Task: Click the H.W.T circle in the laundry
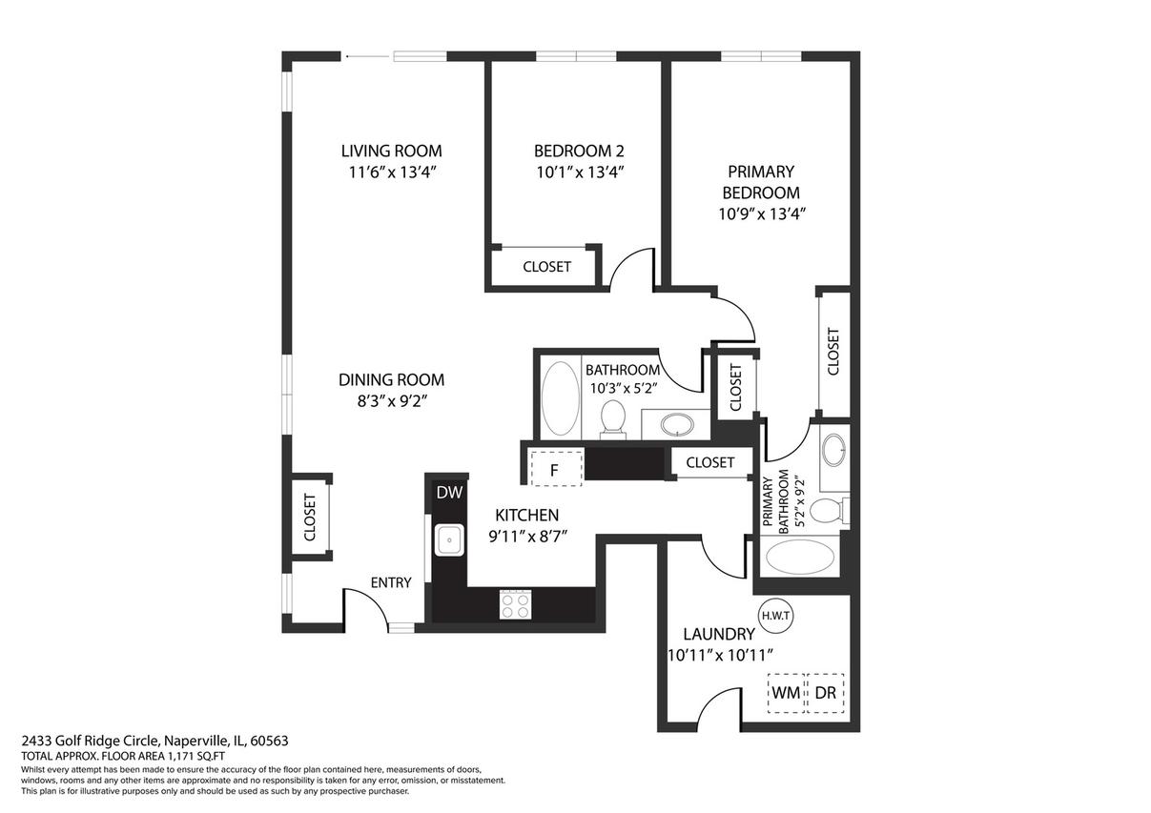coord(776,616)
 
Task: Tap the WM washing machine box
coord(786,693)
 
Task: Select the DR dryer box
coord(825,693)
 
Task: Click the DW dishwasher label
coord(449,493)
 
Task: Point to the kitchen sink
coord(449,539)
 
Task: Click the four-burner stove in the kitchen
coord(515,605)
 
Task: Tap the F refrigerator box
coord(556,468)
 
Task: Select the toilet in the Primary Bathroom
coord(829,511)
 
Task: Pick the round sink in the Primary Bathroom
coord(833,450)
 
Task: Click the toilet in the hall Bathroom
coord(612,419)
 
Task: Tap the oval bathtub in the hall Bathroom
coord(560,398)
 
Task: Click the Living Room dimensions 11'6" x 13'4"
coord(393,173)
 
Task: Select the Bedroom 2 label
coord(579,151)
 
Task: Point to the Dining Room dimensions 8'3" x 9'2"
coord(393,400)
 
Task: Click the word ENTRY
coord(391,582)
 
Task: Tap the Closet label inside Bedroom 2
coord(546,267)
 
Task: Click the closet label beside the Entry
coord(309,518)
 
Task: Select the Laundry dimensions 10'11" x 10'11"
coord(720,656)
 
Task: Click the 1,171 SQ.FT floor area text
coord(195,756)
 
